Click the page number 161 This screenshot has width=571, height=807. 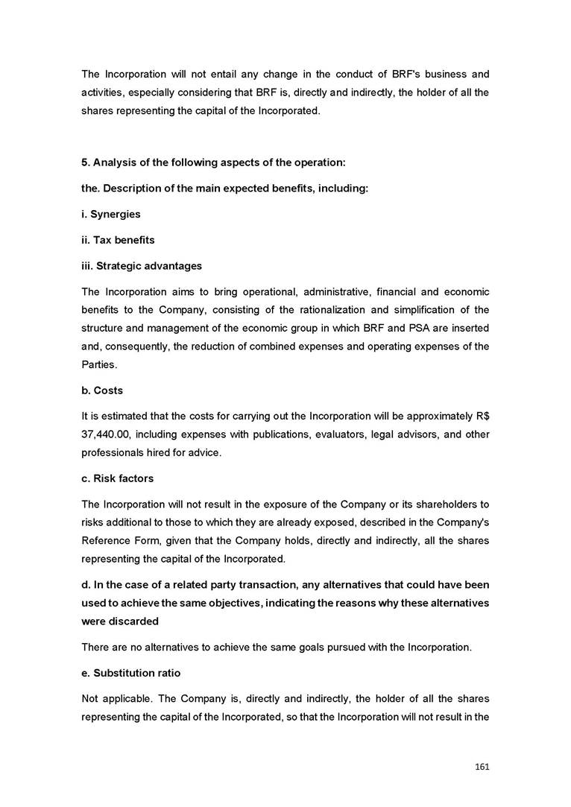[x=481, y=767]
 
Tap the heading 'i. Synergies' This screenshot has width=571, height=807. [x=111, y=214]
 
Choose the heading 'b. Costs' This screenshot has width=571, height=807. [x=102, y=390]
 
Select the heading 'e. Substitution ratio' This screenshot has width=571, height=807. [x=131, y=673]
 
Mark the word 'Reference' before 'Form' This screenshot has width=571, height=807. [x=105, y=539]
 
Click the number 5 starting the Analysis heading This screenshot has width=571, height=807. [x=84, y=162]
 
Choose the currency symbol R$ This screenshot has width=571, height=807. [x=482, y=415]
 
